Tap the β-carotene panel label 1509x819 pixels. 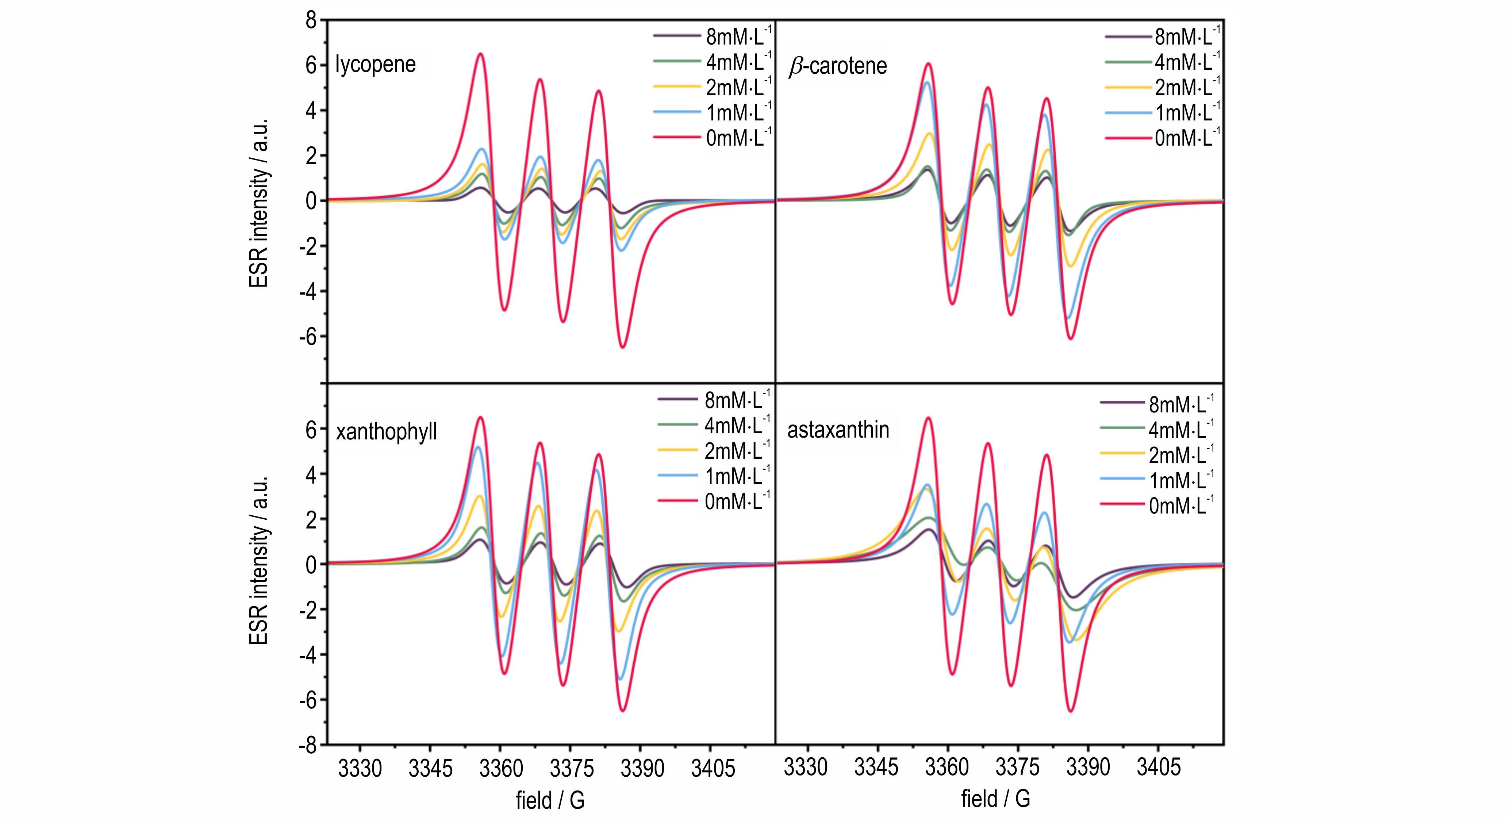coord(838,66)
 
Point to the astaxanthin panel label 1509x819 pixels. coord(838,430)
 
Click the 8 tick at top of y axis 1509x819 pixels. coord(311,21)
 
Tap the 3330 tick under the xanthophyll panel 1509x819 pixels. coord(360,768)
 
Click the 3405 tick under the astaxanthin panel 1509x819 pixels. coord(1158,767)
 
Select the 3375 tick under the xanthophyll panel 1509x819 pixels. coord(572,768)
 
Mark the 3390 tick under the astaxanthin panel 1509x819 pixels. coord(1088,767)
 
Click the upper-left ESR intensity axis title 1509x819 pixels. coord(258,202)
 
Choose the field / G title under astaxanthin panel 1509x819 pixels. coord(995,799)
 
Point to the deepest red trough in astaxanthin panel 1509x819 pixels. coord(1071,711)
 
